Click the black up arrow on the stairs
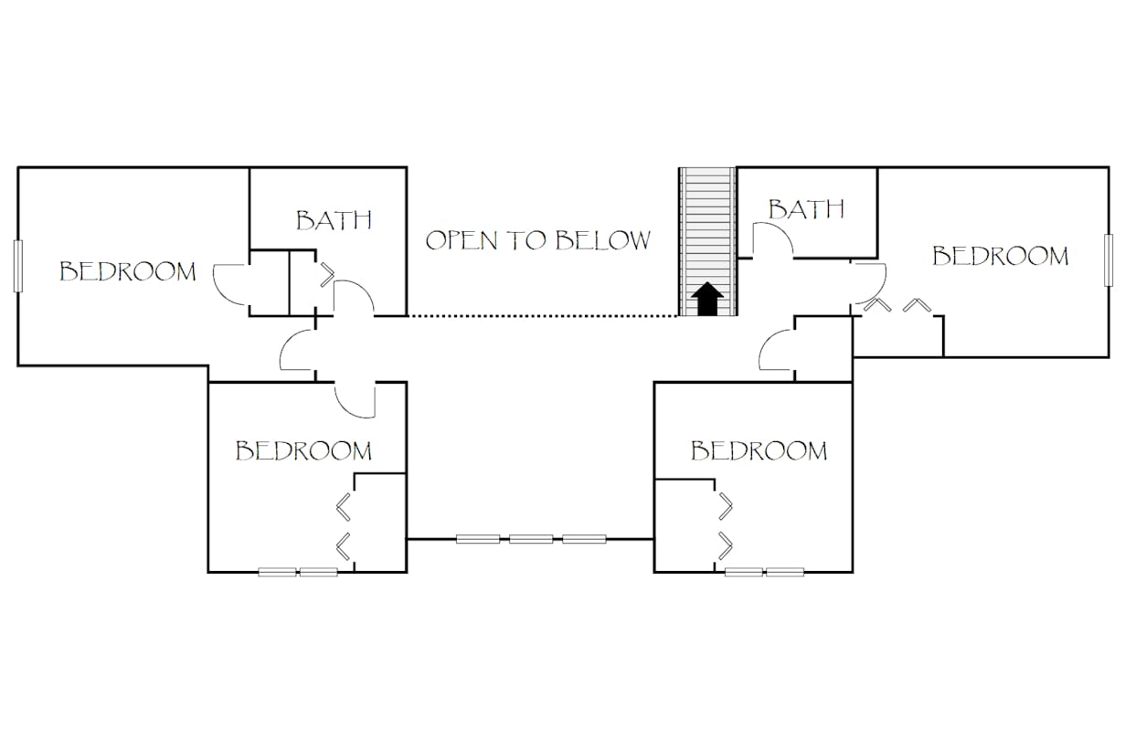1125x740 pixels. pos(707,300)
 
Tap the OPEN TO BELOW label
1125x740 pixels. pos(538,240)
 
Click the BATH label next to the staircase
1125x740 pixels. pos(805,209)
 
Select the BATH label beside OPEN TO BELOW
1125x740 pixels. pos(334,220)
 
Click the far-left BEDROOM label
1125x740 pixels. pos(128,271)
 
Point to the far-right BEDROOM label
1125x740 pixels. pos(1000,256)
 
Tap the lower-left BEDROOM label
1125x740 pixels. pos(303,450)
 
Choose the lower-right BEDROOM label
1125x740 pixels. pos(759,450)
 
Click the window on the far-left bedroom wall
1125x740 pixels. pos(17,266)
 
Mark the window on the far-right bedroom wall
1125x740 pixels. pos(1109,260)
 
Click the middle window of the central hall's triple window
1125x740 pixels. pos(531,539)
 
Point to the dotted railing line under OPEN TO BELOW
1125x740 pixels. pos(543,316)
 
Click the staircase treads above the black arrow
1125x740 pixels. pos(707,219)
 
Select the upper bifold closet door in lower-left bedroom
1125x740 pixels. pos(345,504)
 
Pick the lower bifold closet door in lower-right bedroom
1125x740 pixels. pos(727,544)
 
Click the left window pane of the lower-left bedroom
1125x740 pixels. pos(277,572)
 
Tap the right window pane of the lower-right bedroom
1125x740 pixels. pos(785,572)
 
